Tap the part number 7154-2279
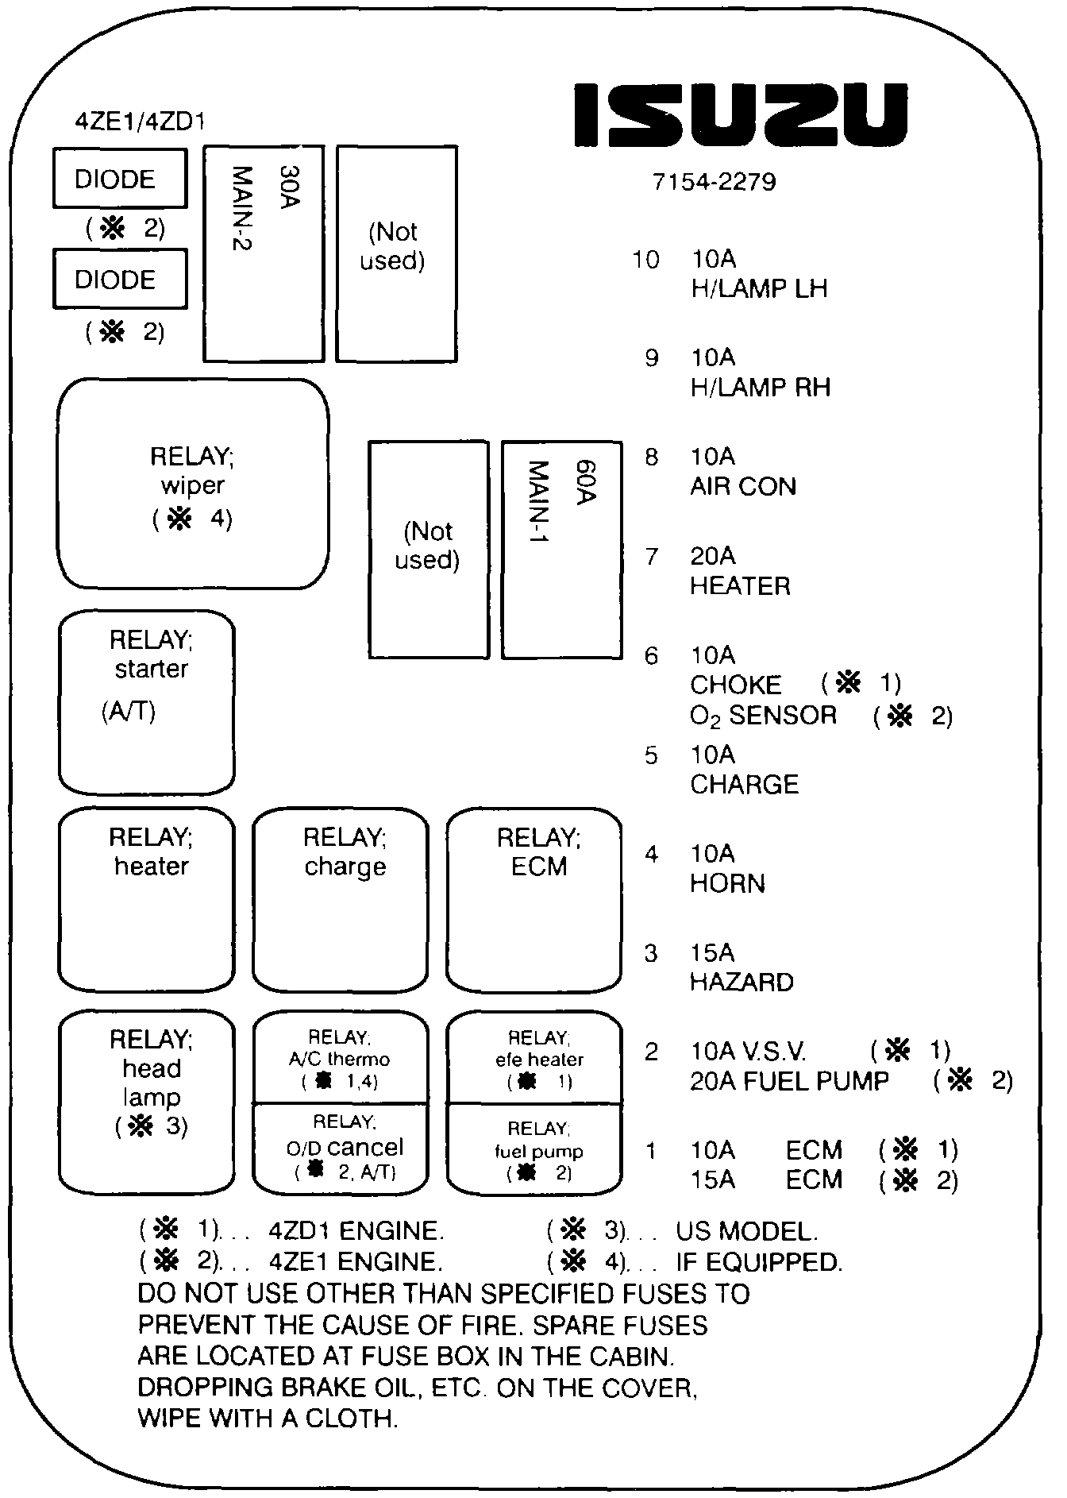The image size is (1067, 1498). point(714,183)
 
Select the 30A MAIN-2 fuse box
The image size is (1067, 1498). point(264,253)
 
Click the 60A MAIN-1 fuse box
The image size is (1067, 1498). point(561,550)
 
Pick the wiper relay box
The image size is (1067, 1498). point(193,484)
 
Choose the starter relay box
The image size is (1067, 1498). point(147,702)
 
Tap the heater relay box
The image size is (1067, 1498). point(147,899)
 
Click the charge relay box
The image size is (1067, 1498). point(341,899)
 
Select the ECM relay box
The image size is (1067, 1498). point(534,899)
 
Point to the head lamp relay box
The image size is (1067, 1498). point(147,1102)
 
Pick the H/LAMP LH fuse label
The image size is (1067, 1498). point(759,288)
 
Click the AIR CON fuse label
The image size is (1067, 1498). point(743,486)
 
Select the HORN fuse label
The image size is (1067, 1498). point(727,883)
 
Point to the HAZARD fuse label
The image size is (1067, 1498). point(742,983)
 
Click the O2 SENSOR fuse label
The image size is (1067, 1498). point(763,716)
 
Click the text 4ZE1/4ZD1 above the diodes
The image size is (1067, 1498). point(140,122)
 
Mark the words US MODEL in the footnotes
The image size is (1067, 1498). point(745,1232)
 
